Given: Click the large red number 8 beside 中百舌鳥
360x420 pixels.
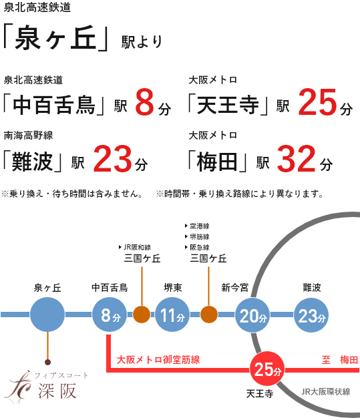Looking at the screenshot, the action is click(x=144, y=101).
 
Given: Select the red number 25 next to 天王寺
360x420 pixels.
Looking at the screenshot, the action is click(x=317, y=101).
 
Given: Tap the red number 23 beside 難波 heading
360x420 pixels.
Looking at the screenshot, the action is click(x=112, y=158).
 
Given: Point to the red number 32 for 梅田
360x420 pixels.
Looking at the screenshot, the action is click(x=296, y=158).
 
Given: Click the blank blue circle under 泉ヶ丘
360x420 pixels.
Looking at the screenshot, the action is click(x=47, y=314).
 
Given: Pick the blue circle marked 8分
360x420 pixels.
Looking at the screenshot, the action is click(x=110, y=314).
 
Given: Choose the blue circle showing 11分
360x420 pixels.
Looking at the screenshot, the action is click(x=172, y=314).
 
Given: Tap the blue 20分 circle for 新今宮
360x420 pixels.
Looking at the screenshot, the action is click(x=252, y=314).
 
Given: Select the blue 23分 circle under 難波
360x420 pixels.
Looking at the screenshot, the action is click(x=311, y=314).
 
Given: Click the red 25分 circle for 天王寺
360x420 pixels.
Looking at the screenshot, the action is click(x=266, y=369).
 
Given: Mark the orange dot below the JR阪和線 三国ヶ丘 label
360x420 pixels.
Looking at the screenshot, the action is click(x=142, y=314).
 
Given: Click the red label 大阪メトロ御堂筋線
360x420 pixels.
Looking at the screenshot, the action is click(x=158, y=360).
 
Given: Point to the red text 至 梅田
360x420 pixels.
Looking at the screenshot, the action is click(x=340, y=360).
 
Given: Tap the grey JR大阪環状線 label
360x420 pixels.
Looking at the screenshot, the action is click(x=326, y=392).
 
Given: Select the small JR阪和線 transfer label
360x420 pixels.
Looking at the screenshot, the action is click(x=135, y=247).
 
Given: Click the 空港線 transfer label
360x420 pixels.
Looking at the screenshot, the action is click(x=197, y=226).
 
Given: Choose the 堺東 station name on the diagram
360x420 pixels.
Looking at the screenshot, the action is click(x=173, y=288).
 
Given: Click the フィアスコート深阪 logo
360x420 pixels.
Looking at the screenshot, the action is click(x=46, y=386).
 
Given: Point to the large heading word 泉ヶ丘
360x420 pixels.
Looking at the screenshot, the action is click(x=55, y=37).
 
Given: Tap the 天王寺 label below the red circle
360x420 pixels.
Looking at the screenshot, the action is click(x=260, y=394).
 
